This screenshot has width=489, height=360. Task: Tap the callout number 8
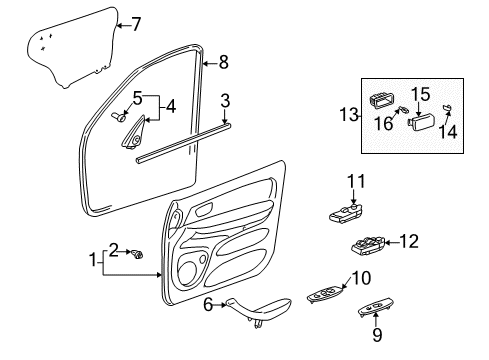pyautogui.click(x=223, y=62)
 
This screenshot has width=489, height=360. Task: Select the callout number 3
pyautogui.click(x=226, y=100)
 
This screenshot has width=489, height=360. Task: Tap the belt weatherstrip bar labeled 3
pyautogui.click(x=185, y=143)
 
